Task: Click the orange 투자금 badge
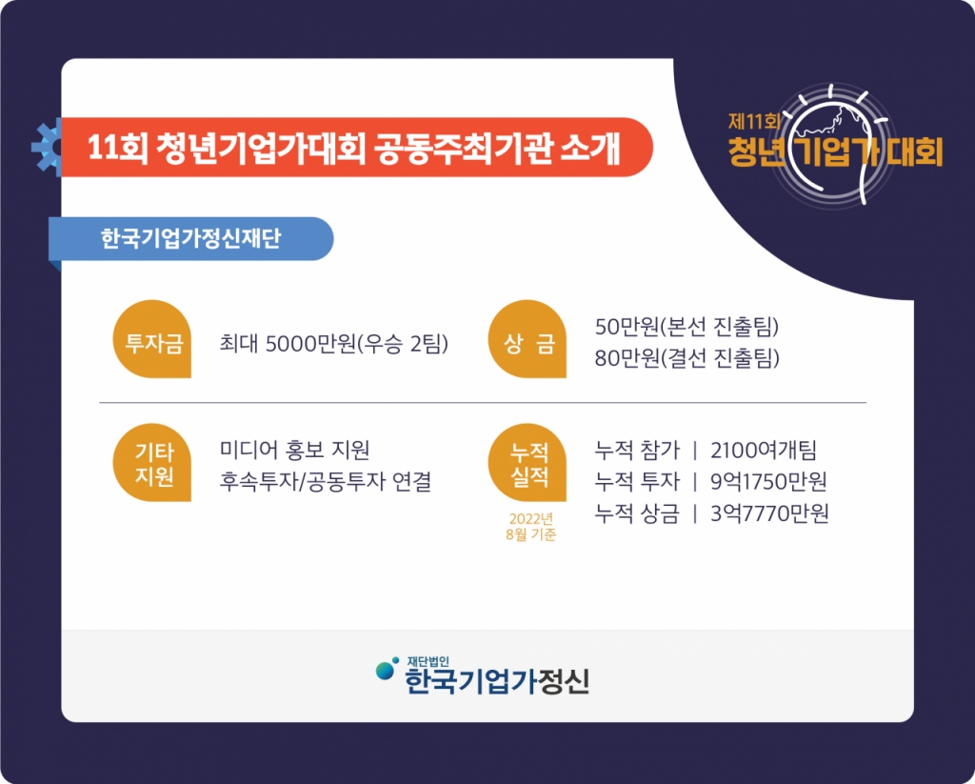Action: tap(152, 339)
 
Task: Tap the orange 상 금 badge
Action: tap(527, 339)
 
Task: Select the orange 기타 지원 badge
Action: tap(152, 462)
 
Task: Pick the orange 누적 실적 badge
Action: tap(527, 462)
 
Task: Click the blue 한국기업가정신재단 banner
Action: tap(190, 239)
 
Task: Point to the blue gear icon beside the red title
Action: tap(47, 148)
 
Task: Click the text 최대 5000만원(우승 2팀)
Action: tap(334, 344)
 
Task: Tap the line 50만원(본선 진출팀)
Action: tap(687, 327)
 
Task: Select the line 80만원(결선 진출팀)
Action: tap(687, 358)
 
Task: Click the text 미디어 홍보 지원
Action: tap(295, 450)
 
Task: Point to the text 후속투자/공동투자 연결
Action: tap(326, 481)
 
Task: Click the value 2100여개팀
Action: tap(764, 450)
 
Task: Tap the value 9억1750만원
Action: tap(768, 482)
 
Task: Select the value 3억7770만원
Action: tap(769, 513)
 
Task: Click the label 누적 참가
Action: tap(637, 450)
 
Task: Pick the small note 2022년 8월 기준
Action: tap(531, 527)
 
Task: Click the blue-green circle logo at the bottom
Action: tap(387, 669)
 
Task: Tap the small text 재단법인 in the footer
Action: tap(428, 662)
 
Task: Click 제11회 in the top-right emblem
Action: tap(754, 120)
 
